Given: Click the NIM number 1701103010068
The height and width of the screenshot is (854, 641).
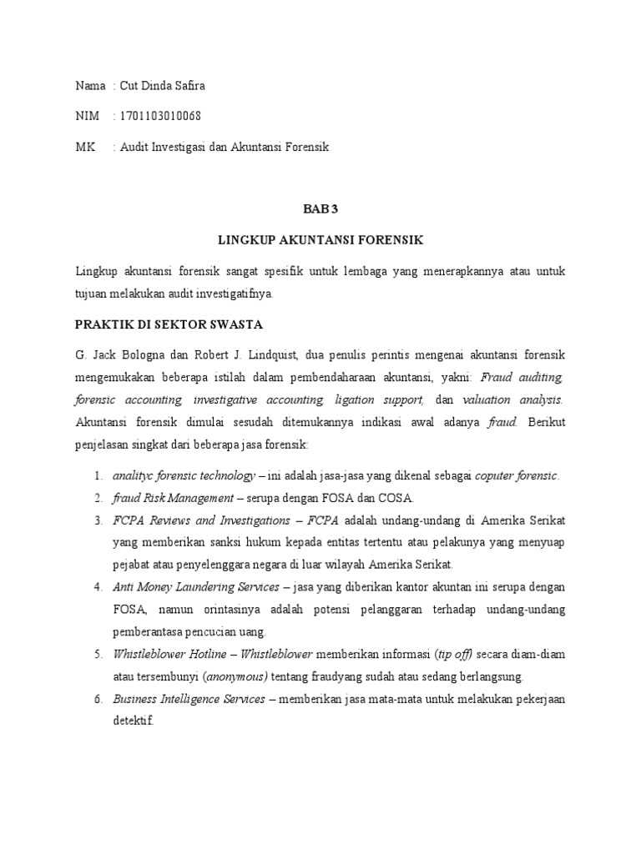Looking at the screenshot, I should (x=160, y=116).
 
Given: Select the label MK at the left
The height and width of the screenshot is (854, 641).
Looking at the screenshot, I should (x=84, y=147).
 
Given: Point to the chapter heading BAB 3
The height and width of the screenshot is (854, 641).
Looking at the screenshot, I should (x=320, y=209).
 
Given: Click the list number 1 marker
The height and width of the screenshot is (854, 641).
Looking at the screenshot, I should (x=98, y=476).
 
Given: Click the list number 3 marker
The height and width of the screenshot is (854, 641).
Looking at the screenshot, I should (x=98, y=520).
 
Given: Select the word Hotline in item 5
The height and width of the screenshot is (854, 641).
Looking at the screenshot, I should (x=204, y=654).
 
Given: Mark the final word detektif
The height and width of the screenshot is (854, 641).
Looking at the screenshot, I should (x=134, y=721).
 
